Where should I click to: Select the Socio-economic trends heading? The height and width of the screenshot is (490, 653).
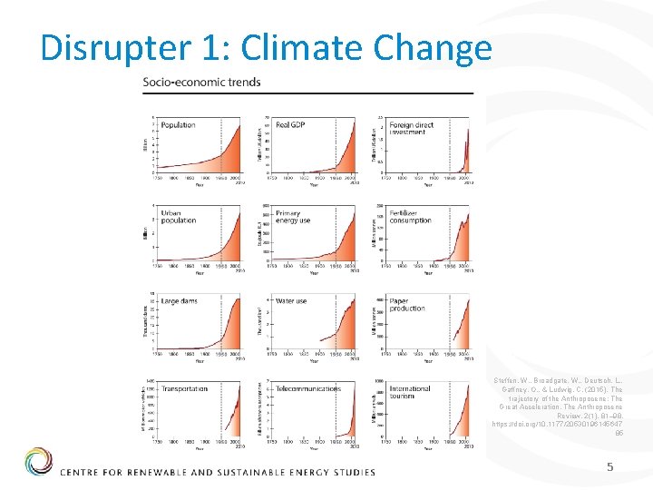[x=201, y=82]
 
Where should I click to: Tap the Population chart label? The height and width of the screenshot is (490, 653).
[x=178, y=125]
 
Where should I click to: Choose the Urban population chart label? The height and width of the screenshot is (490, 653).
[x=179, y=216]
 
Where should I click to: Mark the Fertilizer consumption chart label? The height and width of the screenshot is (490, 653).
[x=410, y=216]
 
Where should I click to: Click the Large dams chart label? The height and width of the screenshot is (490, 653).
[x=180, y=300]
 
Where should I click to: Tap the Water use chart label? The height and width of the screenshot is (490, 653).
[x=291, y=300]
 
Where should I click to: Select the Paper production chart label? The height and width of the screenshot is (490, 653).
[x=407, y=304]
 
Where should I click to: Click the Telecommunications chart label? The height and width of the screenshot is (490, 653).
[x=308, y=388]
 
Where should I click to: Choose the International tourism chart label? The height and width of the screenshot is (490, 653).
[x=411, y=392]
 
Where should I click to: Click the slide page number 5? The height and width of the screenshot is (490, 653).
[x=611, y=467]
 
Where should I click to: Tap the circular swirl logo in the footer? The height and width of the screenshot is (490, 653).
[x=39, y=461]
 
